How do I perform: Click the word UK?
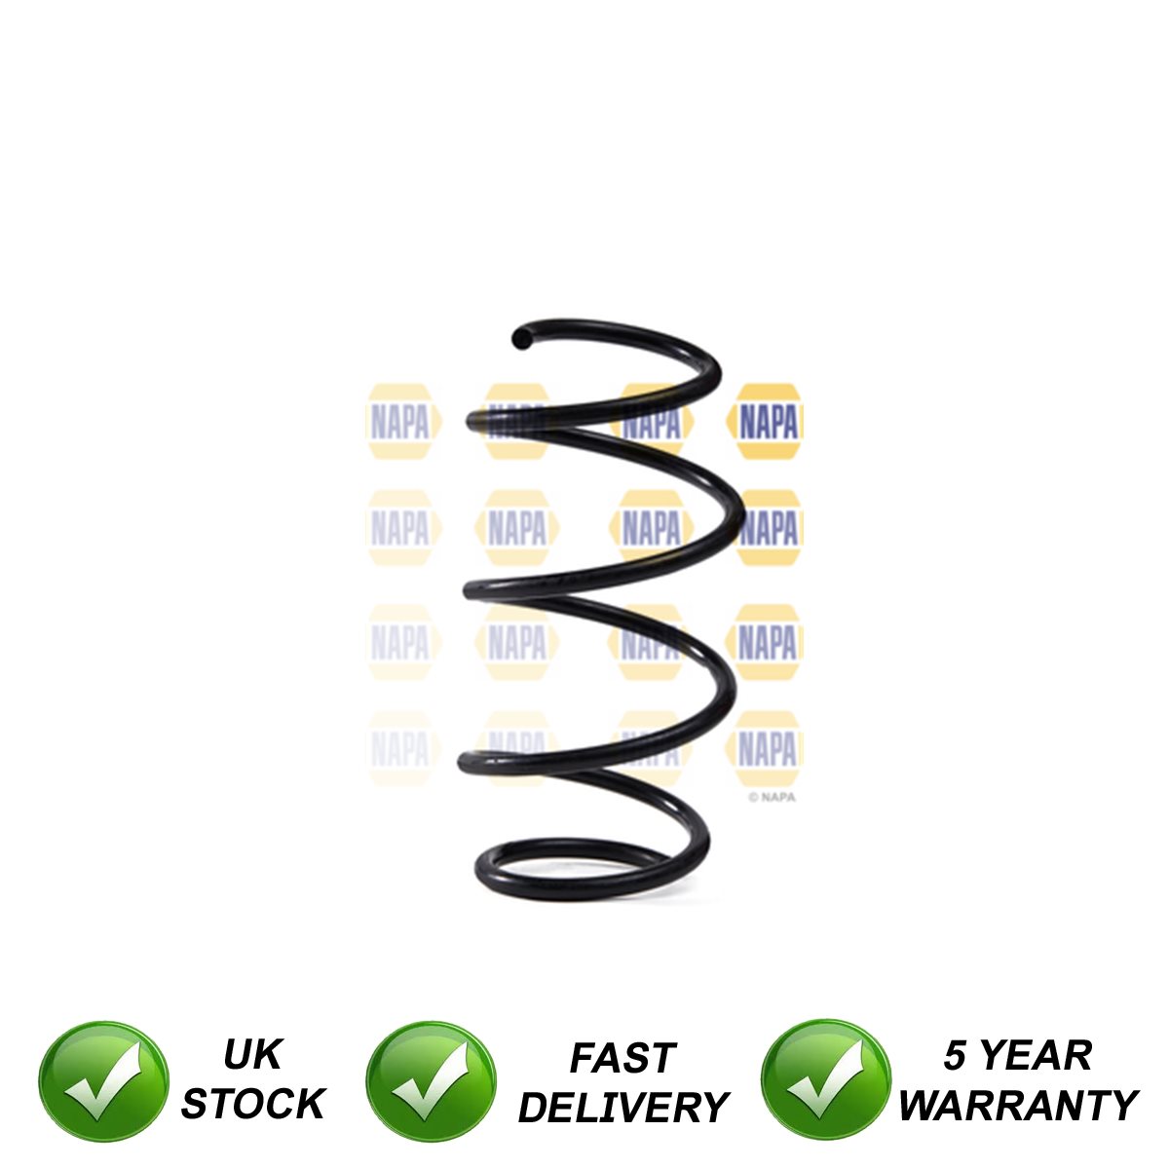point(252,1054)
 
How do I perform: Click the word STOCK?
point(252,1104)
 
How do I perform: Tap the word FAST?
point(622,1058)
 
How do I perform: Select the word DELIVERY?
point(622,1108)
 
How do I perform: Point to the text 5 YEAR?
point(1018,1055)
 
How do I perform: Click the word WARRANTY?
point(1018,1106)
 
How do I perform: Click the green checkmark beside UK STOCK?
point(103,1081)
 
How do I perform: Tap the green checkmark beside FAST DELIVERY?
point(431,1081)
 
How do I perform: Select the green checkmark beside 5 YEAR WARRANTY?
point(825,1081)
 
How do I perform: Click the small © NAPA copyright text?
point(772,797)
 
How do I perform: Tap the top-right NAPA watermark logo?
point(767,422)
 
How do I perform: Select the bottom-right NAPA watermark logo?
point(767,749)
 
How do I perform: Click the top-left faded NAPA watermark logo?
point(400,422)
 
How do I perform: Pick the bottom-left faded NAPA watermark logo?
point(400,749)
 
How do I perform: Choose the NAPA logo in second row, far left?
point(400,528)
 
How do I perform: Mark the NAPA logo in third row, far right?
point(767,642)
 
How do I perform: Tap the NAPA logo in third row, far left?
point(400,642)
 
